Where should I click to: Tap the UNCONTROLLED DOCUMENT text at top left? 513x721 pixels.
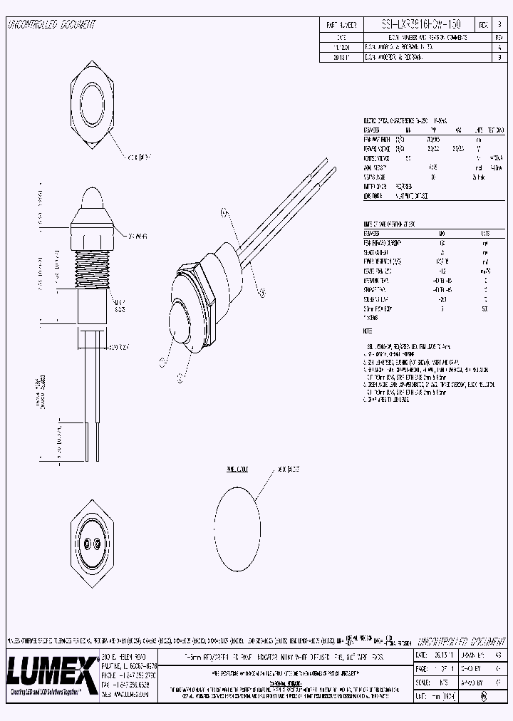[x=51, y=25]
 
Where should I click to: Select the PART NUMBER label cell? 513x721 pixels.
[x=341, y=24]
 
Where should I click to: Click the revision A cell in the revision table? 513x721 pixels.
[x=499, y=45]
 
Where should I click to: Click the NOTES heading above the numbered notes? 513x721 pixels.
[x=368, y=331]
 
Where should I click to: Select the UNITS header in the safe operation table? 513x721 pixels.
[x=485, y=233]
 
